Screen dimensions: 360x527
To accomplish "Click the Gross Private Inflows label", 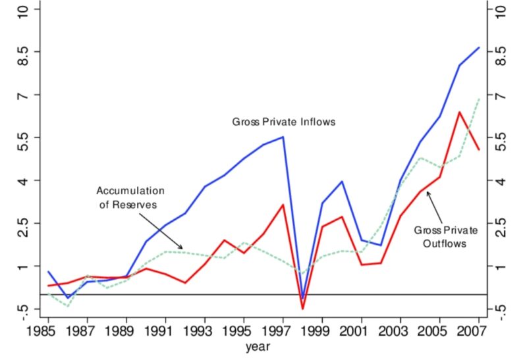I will click(284, 122).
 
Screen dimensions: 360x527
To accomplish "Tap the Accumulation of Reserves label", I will click(130, 197).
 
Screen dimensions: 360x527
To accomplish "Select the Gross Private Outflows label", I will click(441, 237).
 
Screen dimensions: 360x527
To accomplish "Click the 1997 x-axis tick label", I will click(283, 329).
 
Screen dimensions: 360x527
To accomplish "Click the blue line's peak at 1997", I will click(283, 137).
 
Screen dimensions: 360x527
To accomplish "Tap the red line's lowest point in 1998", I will click(302, 309).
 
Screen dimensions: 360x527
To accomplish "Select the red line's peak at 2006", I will click(459, 112).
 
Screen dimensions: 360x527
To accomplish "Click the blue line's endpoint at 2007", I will click(479, 47).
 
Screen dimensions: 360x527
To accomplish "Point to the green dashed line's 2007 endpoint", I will click(479, 98).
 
